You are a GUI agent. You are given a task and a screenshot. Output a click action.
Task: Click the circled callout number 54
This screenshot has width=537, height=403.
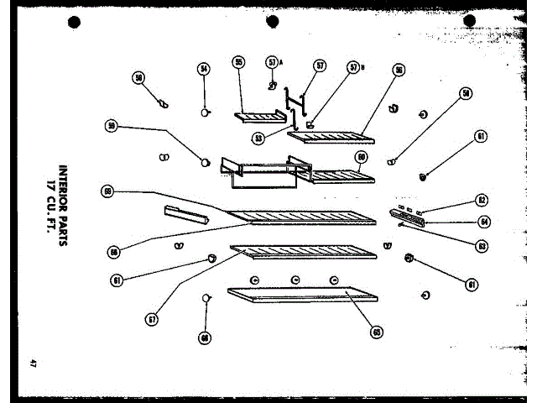203,70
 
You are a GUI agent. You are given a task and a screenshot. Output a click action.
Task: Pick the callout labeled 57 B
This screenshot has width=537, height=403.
353,67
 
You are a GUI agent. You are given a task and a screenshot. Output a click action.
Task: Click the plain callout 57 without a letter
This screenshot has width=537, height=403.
320,65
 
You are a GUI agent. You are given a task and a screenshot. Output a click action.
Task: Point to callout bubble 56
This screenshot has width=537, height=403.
398,72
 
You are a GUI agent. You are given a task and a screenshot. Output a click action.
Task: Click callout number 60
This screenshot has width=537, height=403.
361,156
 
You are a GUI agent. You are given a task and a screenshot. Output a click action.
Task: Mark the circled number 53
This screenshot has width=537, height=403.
258,137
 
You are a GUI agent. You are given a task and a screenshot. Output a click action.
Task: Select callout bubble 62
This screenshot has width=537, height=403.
482,201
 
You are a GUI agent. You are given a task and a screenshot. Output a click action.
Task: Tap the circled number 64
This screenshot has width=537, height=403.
483,222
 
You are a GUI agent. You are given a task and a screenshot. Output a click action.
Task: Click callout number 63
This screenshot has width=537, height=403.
482,246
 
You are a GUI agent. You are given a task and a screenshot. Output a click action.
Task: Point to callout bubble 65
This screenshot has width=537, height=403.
377,332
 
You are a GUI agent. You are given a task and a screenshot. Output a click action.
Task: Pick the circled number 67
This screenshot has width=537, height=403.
152,319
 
